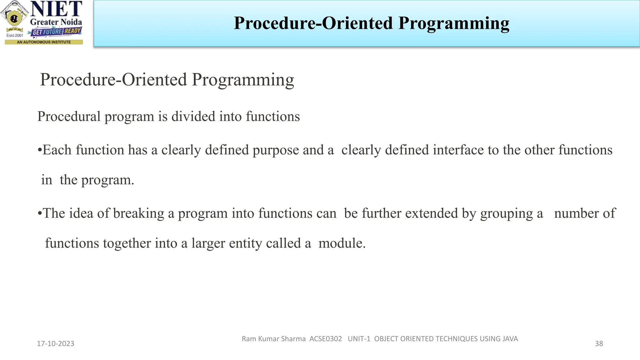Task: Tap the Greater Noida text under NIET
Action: (x=56, y=22)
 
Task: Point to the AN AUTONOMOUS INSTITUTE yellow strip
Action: (x=44, y=42)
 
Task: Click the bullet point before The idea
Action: (x=40, y=214)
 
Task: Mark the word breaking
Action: (x=138, y=214)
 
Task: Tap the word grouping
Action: (x=507, y=214)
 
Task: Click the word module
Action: (x=342, y=243)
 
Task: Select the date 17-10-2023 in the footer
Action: (x=56, y=344)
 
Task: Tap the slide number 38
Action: (x=599, y=344)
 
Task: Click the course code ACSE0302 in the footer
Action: (x=326, y=339)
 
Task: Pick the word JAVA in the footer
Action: (x=510, y=339)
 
